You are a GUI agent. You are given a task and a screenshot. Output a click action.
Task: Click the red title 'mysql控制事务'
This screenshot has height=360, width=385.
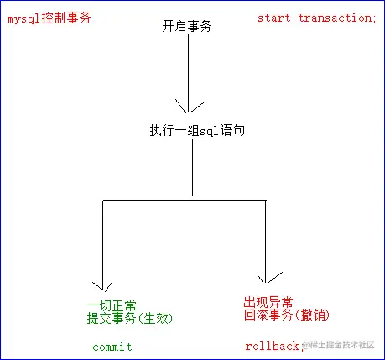pos(48,18)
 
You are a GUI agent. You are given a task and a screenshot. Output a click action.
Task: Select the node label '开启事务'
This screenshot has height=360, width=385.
pos(187,27)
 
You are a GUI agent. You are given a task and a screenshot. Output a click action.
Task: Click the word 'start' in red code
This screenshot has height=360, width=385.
pos(273,18)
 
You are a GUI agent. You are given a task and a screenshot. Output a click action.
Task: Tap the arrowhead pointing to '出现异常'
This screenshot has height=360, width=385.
pos(267,277)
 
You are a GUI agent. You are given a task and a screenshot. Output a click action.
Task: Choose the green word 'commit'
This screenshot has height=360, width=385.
pos(112,347)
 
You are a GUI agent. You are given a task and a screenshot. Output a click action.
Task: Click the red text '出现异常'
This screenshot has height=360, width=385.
pos(268,302)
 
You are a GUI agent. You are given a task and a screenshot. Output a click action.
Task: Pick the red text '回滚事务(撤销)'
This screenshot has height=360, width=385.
pos(287,316)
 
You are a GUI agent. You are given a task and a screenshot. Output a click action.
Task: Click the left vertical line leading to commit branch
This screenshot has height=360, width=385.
pos(104,243)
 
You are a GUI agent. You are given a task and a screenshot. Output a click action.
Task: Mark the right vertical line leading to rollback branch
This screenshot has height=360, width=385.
pos(265,239)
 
